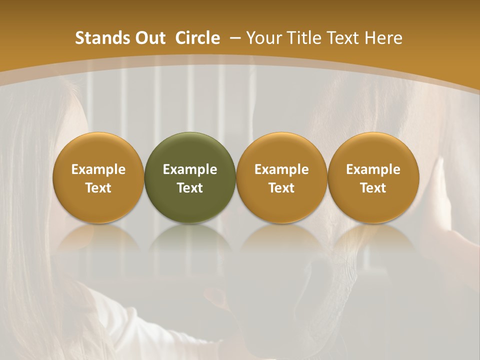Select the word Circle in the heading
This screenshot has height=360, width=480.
[197, 38]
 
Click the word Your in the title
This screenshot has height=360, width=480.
[262, 38]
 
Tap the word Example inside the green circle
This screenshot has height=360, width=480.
[190, 169]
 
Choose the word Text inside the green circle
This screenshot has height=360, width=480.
[190, 188]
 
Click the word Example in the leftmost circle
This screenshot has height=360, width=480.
[98, 169]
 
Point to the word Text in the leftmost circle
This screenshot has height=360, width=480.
[98, 188]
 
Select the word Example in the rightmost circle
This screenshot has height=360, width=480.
[373, 169]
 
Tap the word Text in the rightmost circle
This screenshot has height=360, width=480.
[373, 188]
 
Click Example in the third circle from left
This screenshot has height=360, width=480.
[281, 169]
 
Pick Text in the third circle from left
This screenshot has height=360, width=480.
[281, 188]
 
